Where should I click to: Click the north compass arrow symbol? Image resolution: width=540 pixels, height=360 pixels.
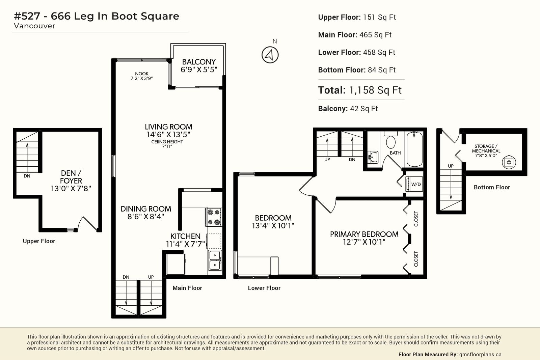(270, 55)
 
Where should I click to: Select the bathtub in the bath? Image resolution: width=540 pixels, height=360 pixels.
(414, 149)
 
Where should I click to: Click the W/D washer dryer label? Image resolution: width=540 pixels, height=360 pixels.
(416, 184)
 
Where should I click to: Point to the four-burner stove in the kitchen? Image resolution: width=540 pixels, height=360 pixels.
(214, 217)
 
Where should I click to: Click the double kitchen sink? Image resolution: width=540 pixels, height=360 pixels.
(215, 260)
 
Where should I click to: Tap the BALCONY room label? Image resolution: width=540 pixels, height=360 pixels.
(199, 62)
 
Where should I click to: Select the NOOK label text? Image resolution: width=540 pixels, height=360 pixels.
(142, 74)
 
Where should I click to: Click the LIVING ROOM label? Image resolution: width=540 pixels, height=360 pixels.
(168, 127)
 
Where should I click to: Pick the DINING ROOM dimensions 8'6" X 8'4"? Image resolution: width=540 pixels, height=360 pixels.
(146, 217)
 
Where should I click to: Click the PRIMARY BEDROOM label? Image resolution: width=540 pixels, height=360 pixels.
(364, 234)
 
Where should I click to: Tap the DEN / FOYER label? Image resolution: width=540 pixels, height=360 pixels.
(71, 177)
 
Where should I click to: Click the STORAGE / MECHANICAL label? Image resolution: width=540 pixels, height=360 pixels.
(486, 148)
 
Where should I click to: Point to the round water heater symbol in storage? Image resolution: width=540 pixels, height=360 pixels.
(509, 162)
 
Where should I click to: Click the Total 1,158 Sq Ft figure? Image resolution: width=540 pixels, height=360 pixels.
(360, 90)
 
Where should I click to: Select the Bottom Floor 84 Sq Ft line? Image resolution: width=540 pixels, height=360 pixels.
(357, 70)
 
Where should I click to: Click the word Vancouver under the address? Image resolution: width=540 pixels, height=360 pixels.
(34, 26)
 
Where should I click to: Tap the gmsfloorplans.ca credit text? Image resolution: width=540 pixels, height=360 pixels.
(480, 355)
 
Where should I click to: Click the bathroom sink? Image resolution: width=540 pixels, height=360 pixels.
(373, 157)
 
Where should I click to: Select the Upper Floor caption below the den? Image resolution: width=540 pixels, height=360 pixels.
(39, 241)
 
